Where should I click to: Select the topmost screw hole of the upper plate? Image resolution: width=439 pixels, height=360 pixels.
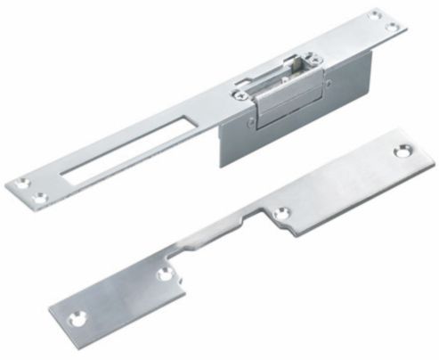(375, 15)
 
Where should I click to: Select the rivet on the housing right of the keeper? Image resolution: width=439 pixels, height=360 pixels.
(327, 85)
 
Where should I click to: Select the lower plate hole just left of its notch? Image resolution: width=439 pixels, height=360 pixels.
(164, 275)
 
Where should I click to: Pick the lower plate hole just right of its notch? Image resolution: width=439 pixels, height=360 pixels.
(281, 214)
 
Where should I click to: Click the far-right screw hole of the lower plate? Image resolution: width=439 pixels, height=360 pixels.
(402, 152)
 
